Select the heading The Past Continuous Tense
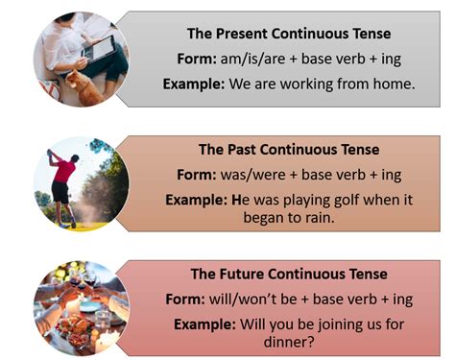click(289, 150)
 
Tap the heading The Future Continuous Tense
click(289, 274)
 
